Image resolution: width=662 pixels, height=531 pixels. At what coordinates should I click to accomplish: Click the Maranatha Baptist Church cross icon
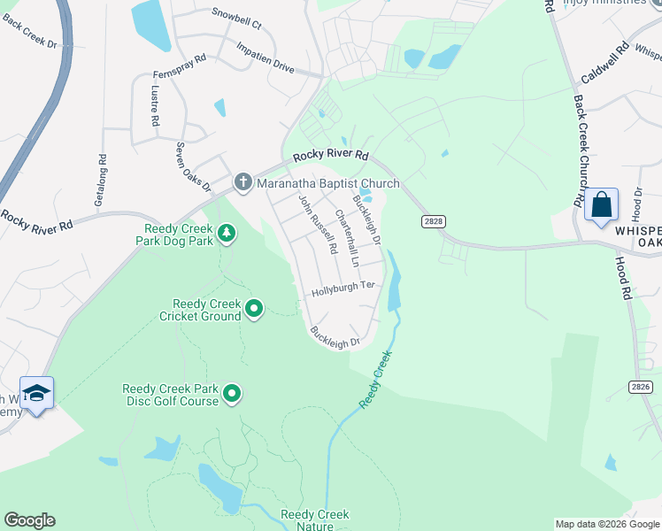(x=243, y=183)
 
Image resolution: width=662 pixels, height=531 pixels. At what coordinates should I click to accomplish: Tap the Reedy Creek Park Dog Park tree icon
(x=228, y=233)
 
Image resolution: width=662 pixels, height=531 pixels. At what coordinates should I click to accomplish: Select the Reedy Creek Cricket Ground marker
(x=254, y=309)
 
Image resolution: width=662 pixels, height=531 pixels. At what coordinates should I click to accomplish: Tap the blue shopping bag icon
(x=602, y=204)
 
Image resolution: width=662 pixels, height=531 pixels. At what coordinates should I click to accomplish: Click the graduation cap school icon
(x=36, y=392)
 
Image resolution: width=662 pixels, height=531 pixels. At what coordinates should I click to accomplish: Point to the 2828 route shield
(x=433, y=222)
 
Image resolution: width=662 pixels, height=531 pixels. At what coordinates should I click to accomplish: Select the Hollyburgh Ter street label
(x=343, y=288)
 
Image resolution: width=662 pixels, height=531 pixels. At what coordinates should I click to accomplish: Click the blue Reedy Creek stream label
(x=375, y=379)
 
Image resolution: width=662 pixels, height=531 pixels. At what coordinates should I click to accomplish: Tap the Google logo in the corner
(x=29, y=520)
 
